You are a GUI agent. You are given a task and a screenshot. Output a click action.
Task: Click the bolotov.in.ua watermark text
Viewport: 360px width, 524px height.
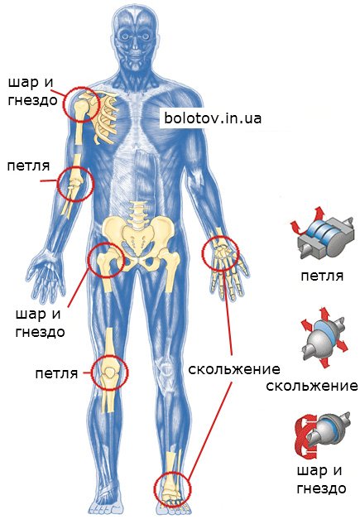point(213,118)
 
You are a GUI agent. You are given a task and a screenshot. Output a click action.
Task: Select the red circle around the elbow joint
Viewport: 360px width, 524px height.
point(57,184)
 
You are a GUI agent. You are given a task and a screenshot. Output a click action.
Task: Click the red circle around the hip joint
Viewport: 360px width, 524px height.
point(89,261)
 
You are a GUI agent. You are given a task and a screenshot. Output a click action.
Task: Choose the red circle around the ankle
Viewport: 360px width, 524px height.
point(155,489)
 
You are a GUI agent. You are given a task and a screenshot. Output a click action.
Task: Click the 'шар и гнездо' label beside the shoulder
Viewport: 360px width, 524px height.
point(32,91)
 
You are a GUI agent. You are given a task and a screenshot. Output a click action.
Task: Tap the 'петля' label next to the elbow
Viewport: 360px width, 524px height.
point(28,166)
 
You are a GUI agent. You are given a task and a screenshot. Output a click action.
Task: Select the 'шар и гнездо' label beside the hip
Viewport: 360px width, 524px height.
point(40,323)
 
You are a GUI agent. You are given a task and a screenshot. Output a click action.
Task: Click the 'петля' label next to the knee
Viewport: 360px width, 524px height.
point(56,373)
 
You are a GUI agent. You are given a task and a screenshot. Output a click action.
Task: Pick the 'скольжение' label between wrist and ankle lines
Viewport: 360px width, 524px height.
point(234,369)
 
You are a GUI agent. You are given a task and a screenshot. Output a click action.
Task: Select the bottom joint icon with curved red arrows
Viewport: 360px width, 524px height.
point(322,436)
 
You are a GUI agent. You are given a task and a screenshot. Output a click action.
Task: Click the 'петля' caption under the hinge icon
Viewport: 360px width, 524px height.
point(322,276)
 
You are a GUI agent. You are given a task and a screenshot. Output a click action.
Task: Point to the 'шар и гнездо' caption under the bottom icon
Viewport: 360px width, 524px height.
point(321,479)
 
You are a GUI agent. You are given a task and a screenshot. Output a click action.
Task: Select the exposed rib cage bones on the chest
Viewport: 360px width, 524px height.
point(103,118)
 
